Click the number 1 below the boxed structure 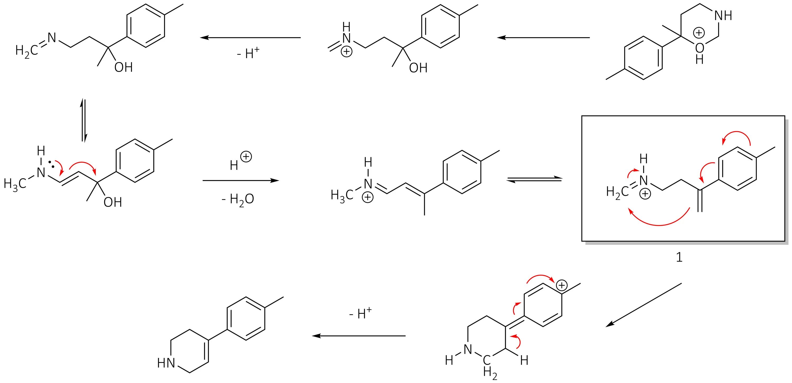[679, 257]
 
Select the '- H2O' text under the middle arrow [238, 199]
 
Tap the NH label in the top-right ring [723, 16]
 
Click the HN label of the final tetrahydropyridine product [166, 363]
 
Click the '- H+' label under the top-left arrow [248, 53]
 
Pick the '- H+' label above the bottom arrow [360, 314]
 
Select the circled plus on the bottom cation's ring [562, 285]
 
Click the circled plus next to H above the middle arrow [246, 157]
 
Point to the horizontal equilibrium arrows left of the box [534, 179]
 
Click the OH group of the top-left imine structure [123, 67]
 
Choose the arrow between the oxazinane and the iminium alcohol [543, 38]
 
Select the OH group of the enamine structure [112, 202]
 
